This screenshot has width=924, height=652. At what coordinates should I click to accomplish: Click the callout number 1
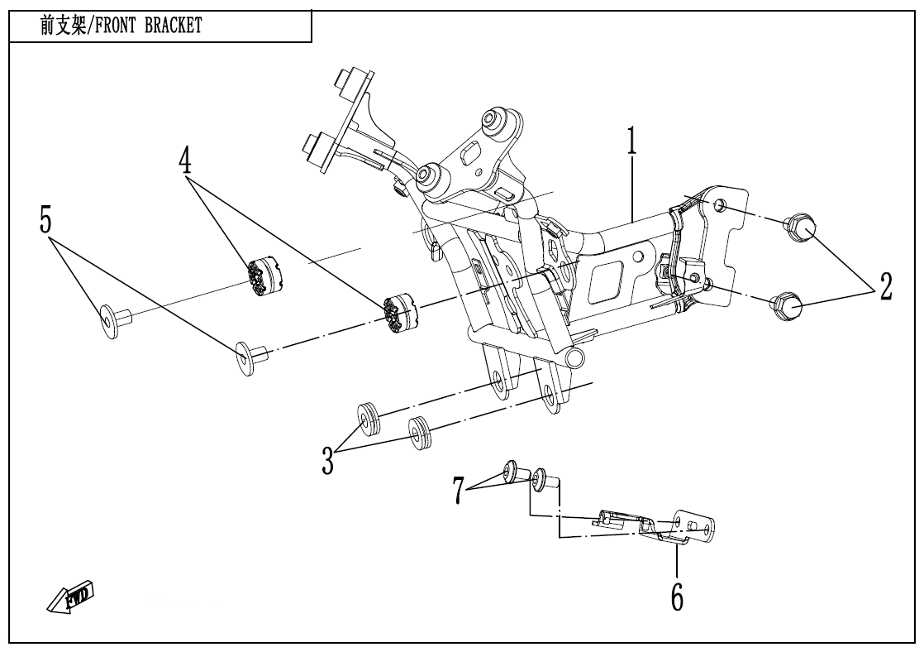[x=632, y=142]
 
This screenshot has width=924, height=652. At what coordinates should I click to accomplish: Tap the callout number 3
[x=328, y=461]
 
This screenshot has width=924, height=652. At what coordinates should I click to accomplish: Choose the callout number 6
[x=676, y=596]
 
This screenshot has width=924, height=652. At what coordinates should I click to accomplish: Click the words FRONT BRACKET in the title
[x=150, y=26]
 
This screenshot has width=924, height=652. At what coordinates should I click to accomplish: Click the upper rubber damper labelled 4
[x=267, y=276]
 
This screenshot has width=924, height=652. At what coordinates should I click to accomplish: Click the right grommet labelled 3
[x=422, y=433]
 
